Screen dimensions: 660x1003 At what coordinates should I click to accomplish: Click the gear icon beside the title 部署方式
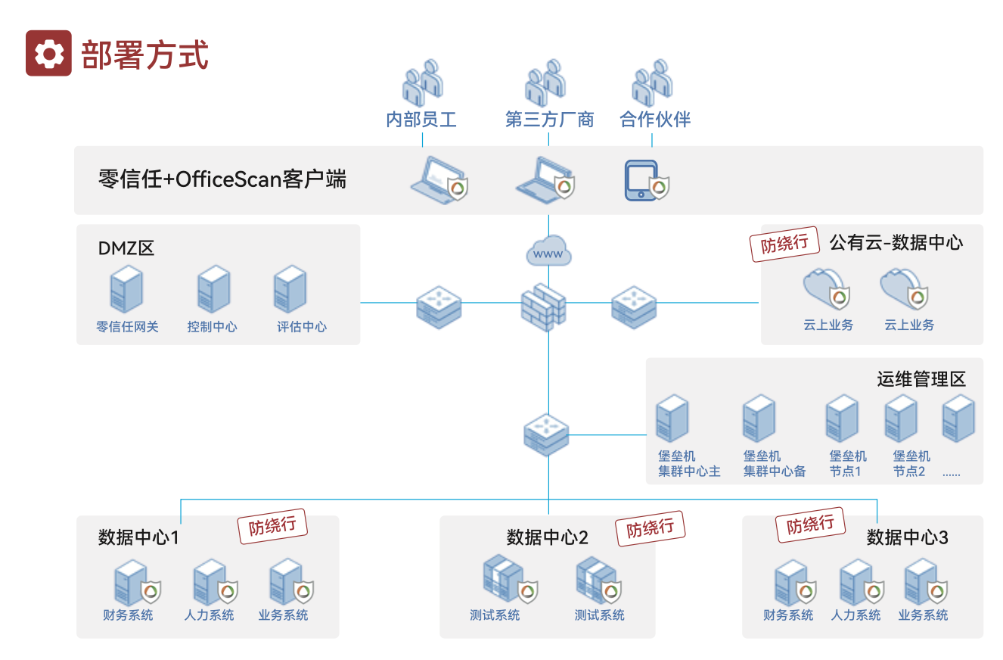(x=49, y=53)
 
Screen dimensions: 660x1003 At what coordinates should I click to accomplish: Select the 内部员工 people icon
(x=422, y=83)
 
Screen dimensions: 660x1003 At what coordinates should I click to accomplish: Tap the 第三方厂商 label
(x=549, y=120)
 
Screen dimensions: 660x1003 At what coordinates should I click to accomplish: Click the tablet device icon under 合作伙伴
(x=641, y=180)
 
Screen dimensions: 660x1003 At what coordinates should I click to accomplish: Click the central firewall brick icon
(x=543, y=307)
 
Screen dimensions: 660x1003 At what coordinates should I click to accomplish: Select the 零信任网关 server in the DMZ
(x=126, y=290)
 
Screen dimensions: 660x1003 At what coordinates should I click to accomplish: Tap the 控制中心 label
(x=213, y=327)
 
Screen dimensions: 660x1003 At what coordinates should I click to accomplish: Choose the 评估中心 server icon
(x=290, y=290)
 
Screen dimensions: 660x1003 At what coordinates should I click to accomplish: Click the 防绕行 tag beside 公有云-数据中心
(x=784, y=244)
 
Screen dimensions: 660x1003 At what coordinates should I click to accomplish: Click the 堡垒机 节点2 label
(x=911, y=464)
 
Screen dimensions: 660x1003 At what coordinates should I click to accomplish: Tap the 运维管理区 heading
(x=921, y=379)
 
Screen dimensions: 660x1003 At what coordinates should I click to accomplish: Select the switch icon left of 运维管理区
(x=546, y=434)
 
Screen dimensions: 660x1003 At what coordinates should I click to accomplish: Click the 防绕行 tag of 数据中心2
(x=650, y=528)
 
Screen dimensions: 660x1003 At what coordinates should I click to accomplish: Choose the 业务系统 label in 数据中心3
(x=923, y=615)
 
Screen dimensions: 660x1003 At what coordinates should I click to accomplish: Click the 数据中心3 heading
(x=907, y=538)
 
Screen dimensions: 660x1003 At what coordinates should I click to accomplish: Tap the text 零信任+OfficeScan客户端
(x=222, y=179)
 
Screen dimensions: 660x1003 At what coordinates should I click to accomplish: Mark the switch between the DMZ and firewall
(x=439, y=307)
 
